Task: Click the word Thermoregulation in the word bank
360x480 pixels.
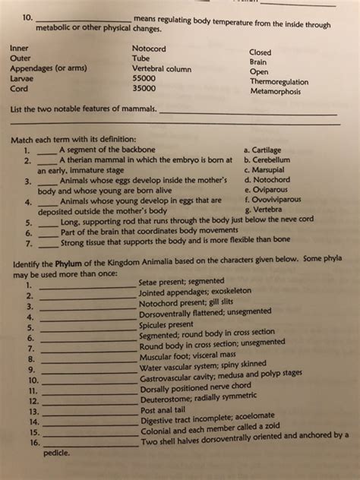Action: [285, 81]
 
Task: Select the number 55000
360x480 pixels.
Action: [144, 77]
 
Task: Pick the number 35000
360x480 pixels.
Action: [144, 87]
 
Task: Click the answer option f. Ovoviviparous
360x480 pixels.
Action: [281, 200]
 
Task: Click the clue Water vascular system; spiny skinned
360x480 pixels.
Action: [203, 365]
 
